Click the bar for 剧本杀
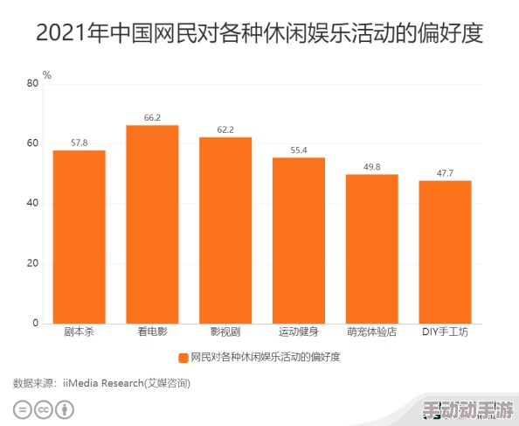click(79, 236)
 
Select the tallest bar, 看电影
click(152, 224)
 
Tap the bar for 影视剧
click(225, 230)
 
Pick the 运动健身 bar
click(299, 241)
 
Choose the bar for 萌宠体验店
click(371, 248)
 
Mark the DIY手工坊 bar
click(445, 252)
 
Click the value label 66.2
click(152, 117)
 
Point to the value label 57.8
click(79, 143)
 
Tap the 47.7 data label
click(445, 173)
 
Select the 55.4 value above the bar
click(299, 150)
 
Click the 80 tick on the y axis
click(33, 83)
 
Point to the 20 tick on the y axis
click(33, 263)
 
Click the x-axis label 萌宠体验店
click(371, 332)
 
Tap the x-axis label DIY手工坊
click(445, 332)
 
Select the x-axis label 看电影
click(152, 332)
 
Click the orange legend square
click(183, 357)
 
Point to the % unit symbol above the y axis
click(47, 75)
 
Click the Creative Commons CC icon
click(44, 409)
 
